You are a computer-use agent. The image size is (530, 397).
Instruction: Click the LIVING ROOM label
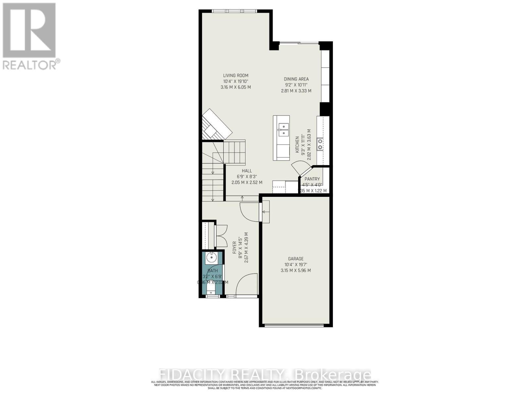pos(236,75)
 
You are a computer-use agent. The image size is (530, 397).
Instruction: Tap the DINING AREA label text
pos(296,79)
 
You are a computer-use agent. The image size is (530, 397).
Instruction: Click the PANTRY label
pos(312,179)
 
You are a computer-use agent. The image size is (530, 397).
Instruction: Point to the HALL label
pos(247,171)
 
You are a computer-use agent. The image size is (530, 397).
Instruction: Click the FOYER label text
pos(235,247)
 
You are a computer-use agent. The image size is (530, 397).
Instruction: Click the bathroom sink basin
pos(211,257)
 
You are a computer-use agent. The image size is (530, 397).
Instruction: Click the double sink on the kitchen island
pos(284,130)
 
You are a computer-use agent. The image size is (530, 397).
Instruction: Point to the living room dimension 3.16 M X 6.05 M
pos(236,87)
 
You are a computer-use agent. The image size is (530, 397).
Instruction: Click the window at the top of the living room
pos(234,11)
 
